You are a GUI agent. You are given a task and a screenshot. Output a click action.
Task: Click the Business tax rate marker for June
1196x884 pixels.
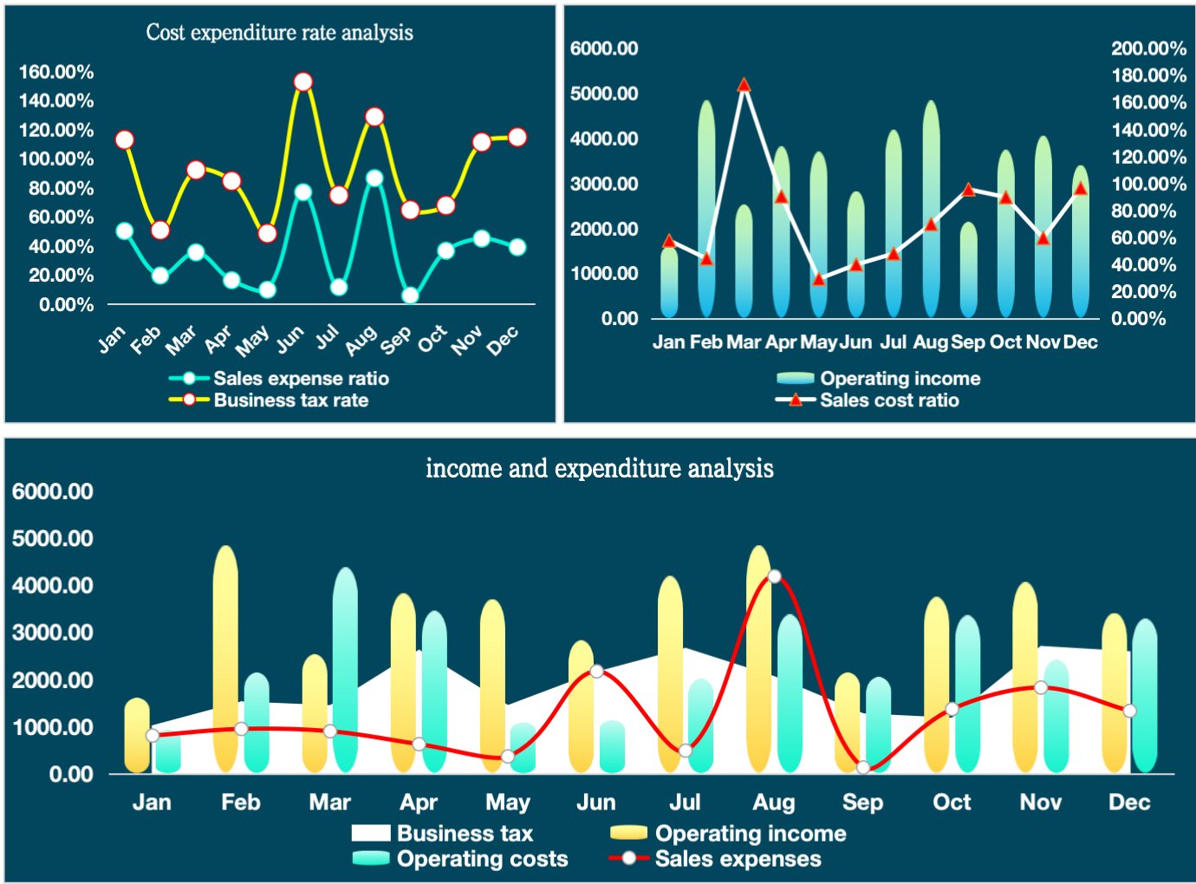(303, 82)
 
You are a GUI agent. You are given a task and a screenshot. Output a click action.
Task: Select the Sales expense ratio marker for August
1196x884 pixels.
(374, 179)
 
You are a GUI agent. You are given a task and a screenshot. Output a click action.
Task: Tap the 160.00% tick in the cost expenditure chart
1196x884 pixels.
(56, 72)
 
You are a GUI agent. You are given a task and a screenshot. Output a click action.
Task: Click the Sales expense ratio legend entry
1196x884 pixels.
(300, 379)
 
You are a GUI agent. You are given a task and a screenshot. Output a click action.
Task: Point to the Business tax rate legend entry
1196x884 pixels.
(290, 400)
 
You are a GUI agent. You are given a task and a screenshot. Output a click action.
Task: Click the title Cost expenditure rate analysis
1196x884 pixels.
(279, 33)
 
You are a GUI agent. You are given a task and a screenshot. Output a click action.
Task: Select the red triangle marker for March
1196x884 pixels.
(744, 86)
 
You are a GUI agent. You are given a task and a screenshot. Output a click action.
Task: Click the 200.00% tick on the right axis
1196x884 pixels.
(1148, 49)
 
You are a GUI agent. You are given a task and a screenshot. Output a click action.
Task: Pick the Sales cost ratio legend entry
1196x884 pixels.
(888, 400)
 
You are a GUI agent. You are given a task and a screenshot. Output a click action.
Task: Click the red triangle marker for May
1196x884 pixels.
(818, 279)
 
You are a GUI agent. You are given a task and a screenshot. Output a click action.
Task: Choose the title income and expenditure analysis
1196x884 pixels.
(599, 469)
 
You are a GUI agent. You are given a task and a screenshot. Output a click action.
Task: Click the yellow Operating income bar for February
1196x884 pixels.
(225, 659)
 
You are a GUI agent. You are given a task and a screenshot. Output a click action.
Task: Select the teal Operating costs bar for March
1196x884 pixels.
(345, 667)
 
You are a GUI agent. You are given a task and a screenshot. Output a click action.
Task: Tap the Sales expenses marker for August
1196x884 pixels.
(775, 576)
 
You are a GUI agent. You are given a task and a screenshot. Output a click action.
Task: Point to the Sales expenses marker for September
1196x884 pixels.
(863, 767)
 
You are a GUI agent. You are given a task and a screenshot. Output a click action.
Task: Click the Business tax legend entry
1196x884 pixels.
(464, 834)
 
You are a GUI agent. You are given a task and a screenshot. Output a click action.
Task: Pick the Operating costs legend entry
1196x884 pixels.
(481, 859)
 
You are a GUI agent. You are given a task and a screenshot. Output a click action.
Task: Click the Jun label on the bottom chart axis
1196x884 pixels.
(596, 803)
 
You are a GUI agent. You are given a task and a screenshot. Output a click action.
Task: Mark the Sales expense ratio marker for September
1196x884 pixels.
(411, 296)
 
